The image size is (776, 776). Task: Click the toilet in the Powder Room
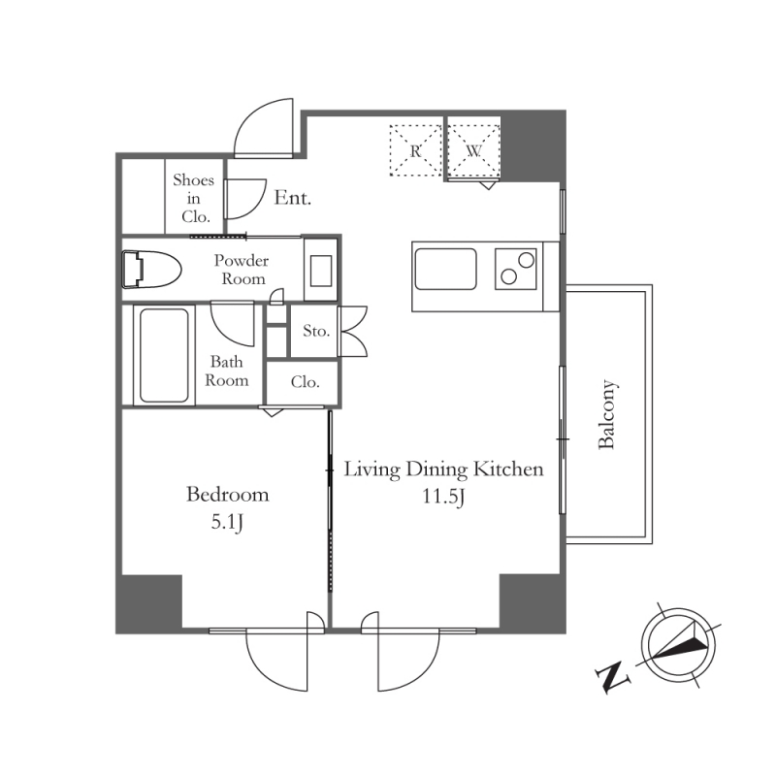tap(151, 270)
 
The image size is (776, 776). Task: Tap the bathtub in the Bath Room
tap(164, 355)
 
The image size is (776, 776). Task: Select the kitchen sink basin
tap(445, 270)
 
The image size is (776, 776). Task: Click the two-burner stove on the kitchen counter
tap(516, 269)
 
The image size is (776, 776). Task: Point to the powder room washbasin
tap(321, 271)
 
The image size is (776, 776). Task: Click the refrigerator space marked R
tap(416, 150)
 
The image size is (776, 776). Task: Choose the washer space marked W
tap(474, 150)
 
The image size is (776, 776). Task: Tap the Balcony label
tap(607, 415)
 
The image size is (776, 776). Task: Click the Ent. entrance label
tap(293, 198)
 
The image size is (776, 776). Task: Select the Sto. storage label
tap(316, 331)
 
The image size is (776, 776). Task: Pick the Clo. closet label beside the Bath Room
tap(305, 381)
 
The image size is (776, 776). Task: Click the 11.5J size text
tap(443, 497)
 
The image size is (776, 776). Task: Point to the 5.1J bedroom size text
tap(227, 523)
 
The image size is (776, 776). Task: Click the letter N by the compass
tap(613, 676)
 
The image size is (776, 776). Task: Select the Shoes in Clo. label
tap(193, 198)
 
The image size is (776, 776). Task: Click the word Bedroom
tap(228, 495)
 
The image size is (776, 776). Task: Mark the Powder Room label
tap(242, 270)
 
